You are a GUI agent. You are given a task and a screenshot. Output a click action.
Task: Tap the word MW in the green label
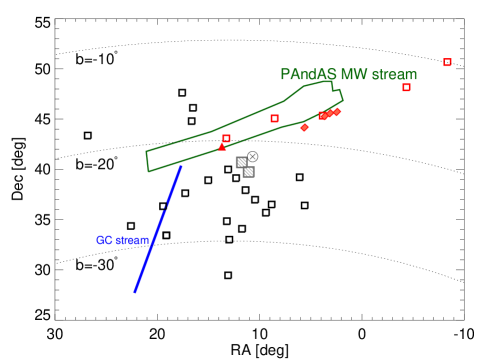[353, 75]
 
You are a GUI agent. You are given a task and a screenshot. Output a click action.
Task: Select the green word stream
[394, 75]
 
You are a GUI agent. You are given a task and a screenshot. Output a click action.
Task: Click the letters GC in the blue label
[104, 241]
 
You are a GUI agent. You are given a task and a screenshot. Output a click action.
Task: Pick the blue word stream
[132, 241]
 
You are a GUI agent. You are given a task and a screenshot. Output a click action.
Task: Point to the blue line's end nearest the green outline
[181, 167]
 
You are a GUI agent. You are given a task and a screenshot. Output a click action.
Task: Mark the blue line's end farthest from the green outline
[135, 292]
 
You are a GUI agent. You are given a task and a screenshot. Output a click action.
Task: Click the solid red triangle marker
[222, 147]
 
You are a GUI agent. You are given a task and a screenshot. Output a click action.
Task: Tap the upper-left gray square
[241, 162]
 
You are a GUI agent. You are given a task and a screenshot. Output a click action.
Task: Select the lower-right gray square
[249, 172]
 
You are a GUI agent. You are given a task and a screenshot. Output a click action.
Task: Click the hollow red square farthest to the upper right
[447, 62]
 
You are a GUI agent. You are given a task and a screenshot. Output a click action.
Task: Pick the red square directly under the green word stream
[406, 87]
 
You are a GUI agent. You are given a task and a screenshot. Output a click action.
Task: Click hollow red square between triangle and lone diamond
[274, 118]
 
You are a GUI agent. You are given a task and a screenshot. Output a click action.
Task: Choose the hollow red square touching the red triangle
[227, 138]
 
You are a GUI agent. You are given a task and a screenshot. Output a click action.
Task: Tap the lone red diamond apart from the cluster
[304, 127]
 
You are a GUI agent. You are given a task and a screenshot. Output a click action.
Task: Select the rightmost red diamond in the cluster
[337, 112]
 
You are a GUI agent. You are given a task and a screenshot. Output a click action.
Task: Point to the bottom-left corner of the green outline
[149, 171]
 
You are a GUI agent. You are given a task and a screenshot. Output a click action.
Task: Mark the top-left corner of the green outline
[146, 152]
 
